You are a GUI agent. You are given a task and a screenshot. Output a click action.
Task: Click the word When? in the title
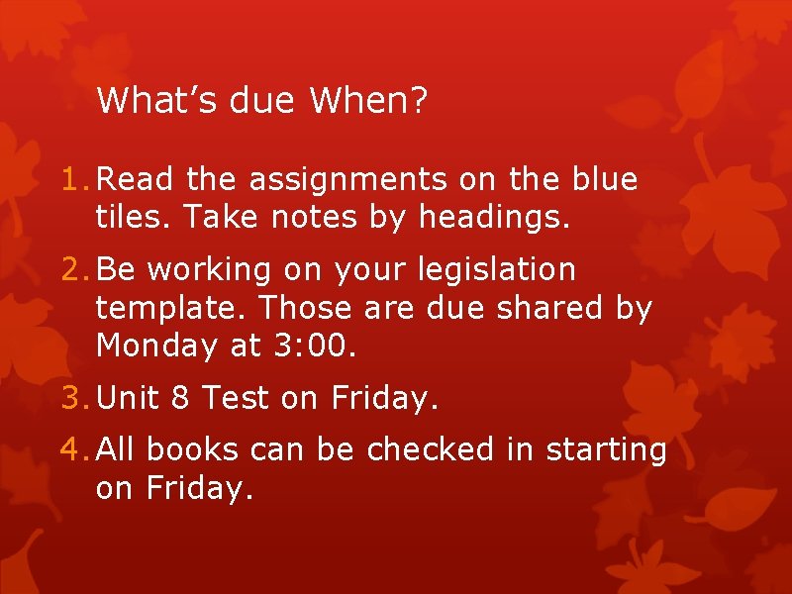coord(368,100)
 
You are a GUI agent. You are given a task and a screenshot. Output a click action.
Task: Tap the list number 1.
coord(71,180)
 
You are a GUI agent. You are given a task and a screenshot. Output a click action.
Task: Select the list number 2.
coord(71,269)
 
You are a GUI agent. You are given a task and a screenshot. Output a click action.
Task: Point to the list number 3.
coord(71,398)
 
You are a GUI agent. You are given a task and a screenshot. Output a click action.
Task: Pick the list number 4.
coord(71,450)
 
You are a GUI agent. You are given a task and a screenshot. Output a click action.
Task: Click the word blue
coord(605,180)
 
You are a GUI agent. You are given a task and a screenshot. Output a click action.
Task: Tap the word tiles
coord(125,217)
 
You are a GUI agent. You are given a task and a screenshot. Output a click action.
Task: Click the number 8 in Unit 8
coord(180,398)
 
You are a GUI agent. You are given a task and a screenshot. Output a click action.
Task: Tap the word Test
coord(236,398)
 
